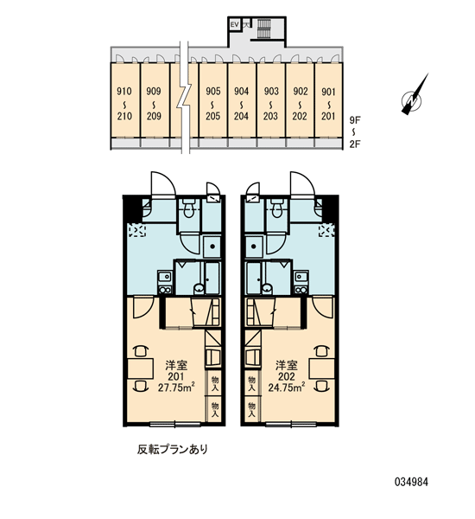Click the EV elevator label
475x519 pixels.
(234, 24)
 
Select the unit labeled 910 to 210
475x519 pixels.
(125, 100)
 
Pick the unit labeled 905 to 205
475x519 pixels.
(212, 100)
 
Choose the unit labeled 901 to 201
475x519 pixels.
(328, 100)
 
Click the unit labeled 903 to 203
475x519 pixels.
(271, 100)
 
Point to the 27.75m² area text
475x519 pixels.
(176, 387)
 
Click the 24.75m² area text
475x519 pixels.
(286, 387)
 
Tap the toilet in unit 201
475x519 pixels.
(188, 208)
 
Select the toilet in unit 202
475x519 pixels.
(276, 208)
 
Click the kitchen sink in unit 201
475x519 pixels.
(164, 275)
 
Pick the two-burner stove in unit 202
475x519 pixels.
(301, 290)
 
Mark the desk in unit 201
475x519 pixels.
(140, 368)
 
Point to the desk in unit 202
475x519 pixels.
(322, 368)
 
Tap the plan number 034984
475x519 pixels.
(411, 482)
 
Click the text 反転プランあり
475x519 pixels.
(173, 449)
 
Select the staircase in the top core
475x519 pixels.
(263, 29)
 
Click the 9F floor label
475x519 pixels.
(355, 120)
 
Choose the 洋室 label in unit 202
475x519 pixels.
(287, 365)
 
